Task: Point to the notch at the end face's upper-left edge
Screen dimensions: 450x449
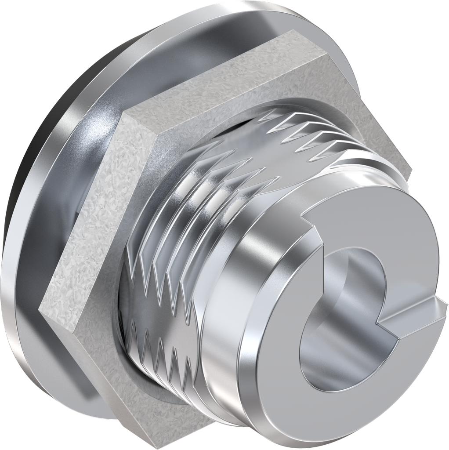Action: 310,218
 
